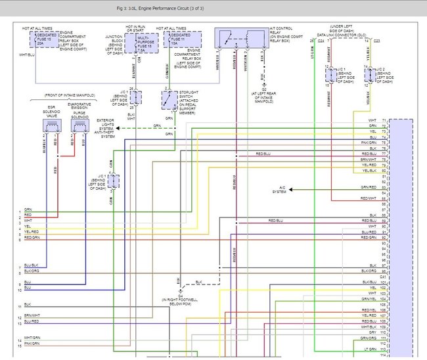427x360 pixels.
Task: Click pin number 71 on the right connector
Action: (x=393, y=120)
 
